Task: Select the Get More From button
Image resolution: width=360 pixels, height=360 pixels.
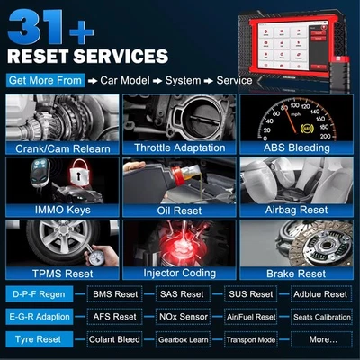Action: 45,80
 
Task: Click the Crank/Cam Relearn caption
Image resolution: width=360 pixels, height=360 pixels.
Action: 59,147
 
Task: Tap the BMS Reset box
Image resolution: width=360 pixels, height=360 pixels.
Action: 115,294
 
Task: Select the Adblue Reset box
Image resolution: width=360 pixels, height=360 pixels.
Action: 321,294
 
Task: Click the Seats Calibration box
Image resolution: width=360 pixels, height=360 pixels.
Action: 321,317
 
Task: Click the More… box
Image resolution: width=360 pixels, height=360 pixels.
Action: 321,339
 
